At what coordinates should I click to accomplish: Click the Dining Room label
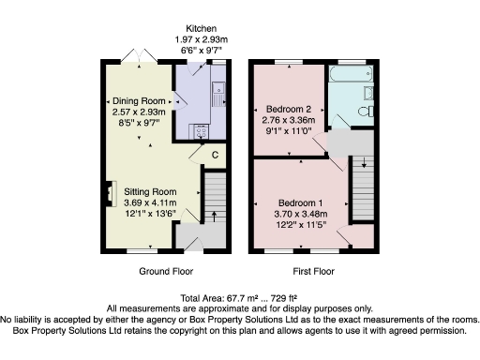tap(140, 100)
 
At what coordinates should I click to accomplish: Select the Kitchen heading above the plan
tap(202, 28)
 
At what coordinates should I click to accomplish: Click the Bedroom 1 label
tap(301, 203)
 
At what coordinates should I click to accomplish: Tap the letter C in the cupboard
tap(216, 154)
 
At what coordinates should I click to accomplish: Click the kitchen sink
tap(217, 93)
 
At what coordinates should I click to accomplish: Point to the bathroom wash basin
tap(368, 92)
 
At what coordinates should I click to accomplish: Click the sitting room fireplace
tap(109, 196)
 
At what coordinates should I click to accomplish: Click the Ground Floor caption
tap(166, 271)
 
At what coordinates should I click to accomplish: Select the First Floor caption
tap(314, 271)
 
